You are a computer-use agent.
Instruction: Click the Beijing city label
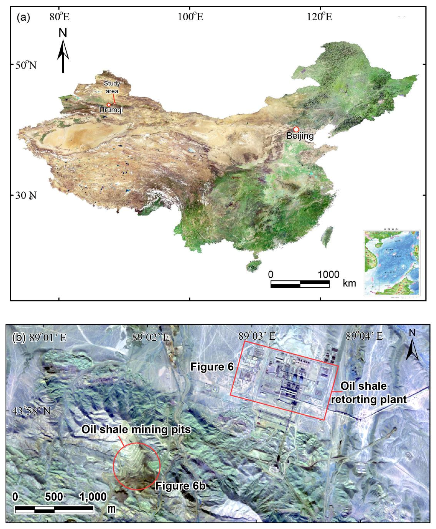pos(300,136)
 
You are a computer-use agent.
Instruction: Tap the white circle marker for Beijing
pos(296,129)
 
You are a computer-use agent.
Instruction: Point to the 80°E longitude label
pos(60,17)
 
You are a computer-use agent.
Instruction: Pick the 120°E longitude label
pos(319,17)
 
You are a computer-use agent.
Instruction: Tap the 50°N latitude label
pos(26,65)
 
